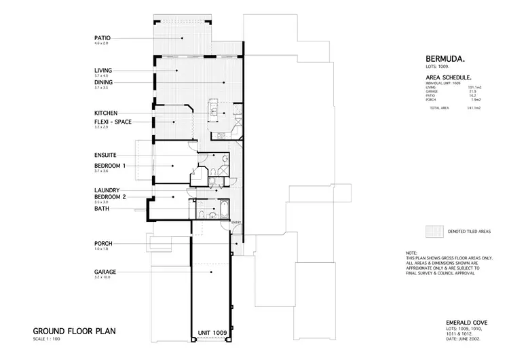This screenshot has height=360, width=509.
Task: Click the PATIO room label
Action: [102, 37]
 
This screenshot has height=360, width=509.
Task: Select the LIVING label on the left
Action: [103, 70]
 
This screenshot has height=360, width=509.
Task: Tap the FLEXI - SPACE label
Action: [113, 122]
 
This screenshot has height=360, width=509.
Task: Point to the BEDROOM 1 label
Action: [110, 165]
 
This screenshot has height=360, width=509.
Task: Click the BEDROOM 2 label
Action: [110, 196]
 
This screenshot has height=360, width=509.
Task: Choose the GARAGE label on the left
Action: [105, 272]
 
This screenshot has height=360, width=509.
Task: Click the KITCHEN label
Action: [107, 112]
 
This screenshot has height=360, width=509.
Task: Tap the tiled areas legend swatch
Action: [433, 231]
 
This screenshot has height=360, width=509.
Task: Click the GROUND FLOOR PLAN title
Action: [75, 331]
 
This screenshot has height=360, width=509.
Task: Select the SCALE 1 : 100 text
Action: [46, 339]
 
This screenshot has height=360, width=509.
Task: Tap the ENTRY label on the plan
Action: [235, 223]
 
